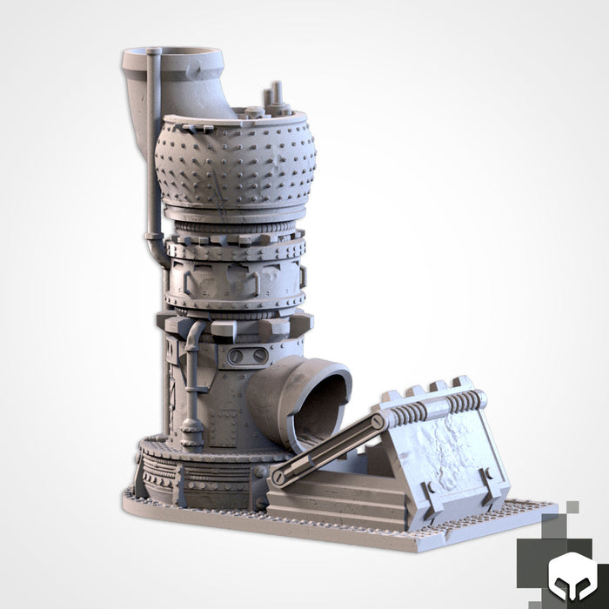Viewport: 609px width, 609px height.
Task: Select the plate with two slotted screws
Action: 249,356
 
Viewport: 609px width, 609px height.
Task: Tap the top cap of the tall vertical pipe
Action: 154,54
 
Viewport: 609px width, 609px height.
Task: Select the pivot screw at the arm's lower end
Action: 278,478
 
